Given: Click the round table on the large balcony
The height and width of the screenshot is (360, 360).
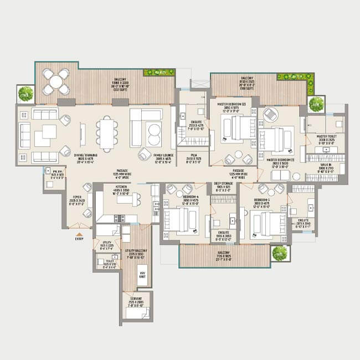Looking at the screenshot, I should point(56,81).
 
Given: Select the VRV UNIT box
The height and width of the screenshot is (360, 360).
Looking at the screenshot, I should point(142,275).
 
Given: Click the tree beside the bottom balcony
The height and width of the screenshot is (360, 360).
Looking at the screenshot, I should point(280,253).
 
